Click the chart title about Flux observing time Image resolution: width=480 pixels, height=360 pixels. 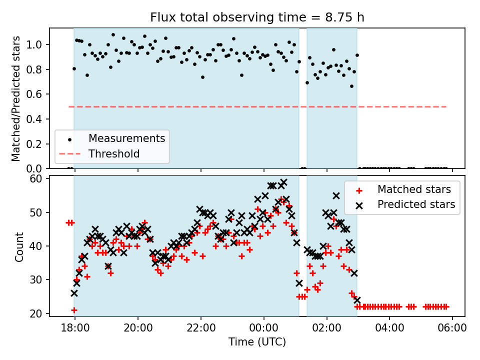coord(257,17)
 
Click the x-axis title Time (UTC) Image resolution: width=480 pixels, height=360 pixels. coord(257,342)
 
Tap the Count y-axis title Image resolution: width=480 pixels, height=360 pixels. coord(19,246)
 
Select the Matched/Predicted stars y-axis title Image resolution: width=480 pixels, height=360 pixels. coord(16,98)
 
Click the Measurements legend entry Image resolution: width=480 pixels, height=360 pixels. coord(126,138)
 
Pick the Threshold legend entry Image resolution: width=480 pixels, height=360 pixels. coord(114,154)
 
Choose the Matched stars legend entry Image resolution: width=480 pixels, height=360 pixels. coord(414,189)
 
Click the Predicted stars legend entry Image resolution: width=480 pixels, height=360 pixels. coord(416,204)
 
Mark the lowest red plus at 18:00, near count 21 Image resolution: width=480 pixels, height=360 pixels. coord(74,310)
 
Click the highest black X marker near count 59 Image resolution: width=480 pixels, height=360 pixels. coord(283,182)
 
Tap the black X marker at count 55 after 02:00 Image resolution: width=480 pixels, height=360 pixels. coord(336,196)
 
